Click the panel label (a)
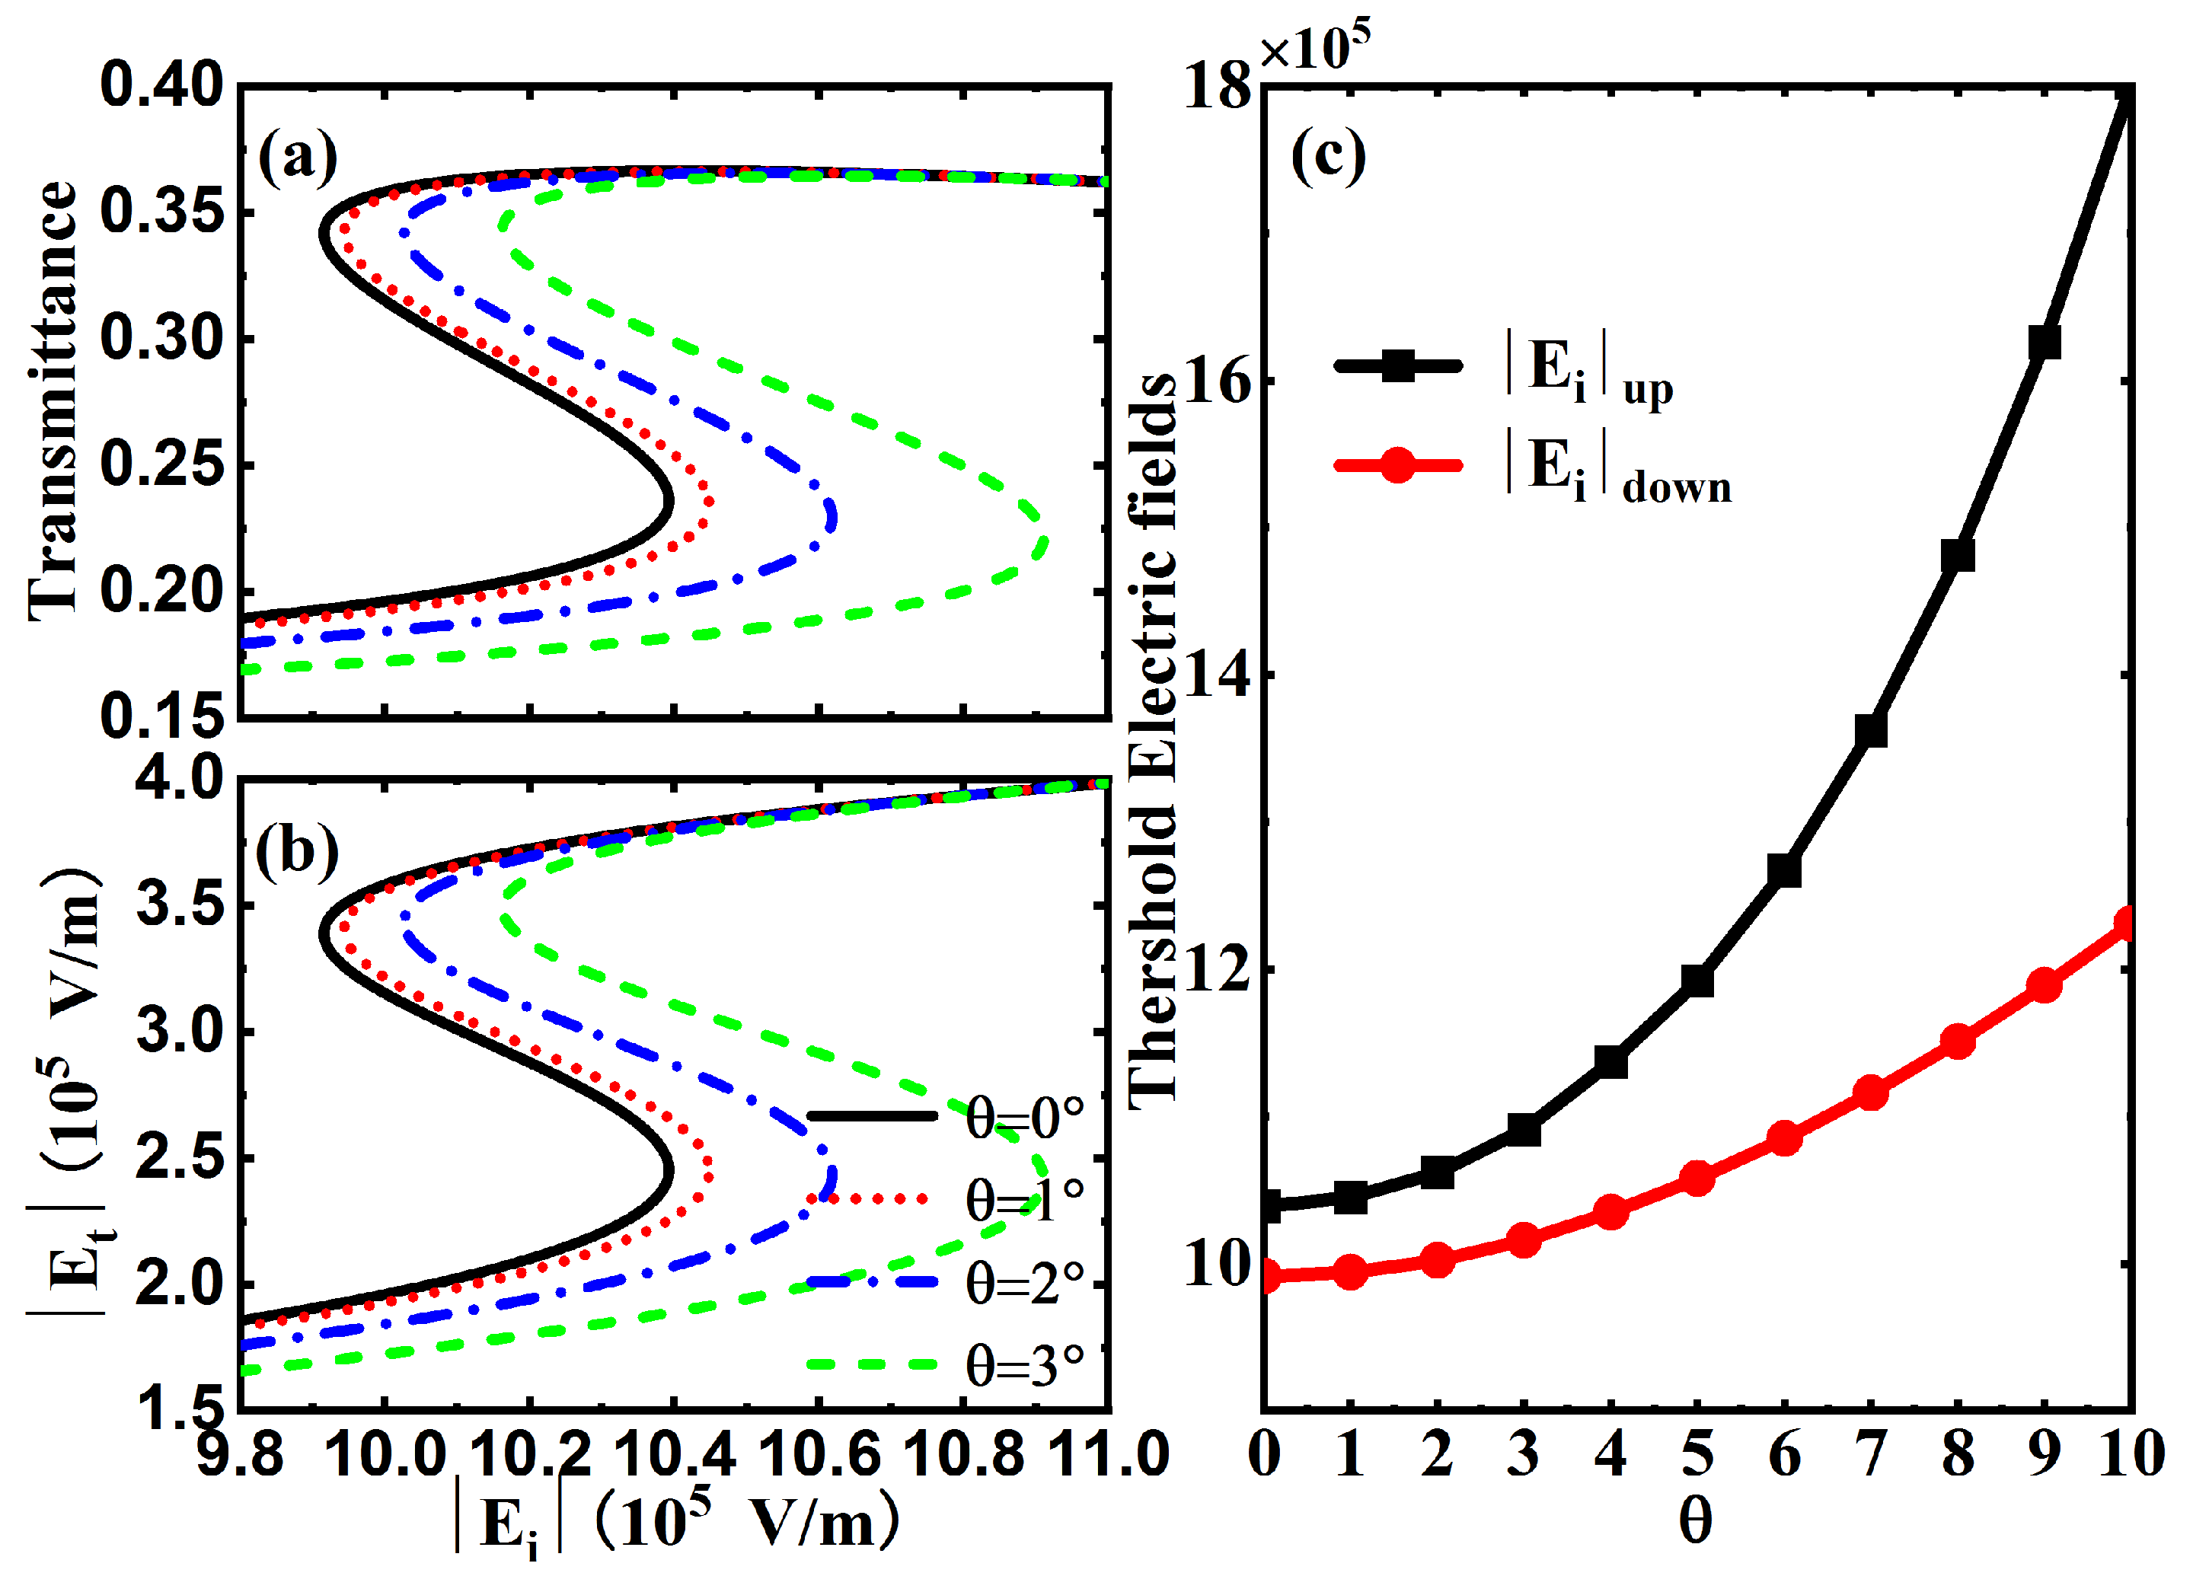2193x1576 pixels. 298,158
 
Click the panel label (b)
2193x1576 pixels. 298,851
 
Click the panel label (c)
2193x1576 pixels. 1327,158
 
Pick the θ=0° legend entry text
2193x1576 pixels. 1025,1118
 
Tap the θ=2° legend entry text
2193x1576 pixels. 1025,1283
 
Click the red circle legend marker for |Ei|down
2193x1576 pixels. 1397,464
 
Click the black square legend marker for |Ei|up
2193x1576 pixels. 1397,365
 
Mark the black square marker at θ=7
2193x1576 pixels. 1871,730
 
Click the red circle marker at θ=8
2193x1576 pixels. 1957,1042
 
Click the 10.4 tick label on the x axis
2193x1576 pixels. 674,1453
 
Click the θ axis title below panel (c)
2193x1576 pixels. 1695,1521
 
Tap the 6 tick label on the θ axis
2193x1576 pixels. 1784,1453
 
